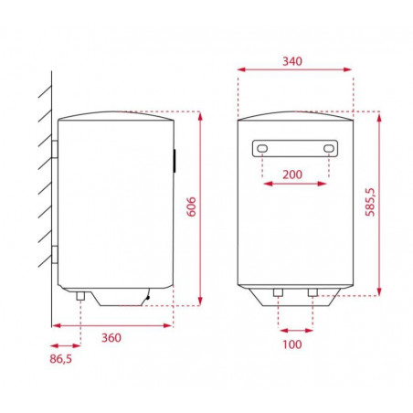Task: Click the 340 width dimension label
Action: [293, 61]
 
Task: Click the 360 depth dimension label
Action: [111, 337]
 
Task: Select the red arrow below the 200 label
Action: [294, 185]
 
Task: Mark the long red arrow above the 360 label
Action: [111, 323]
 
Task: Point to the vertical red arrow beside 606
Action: [199, 208]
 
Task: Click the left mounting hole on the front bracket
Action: [262, 148]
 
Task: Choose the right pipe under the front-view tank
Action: [312, 292]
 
